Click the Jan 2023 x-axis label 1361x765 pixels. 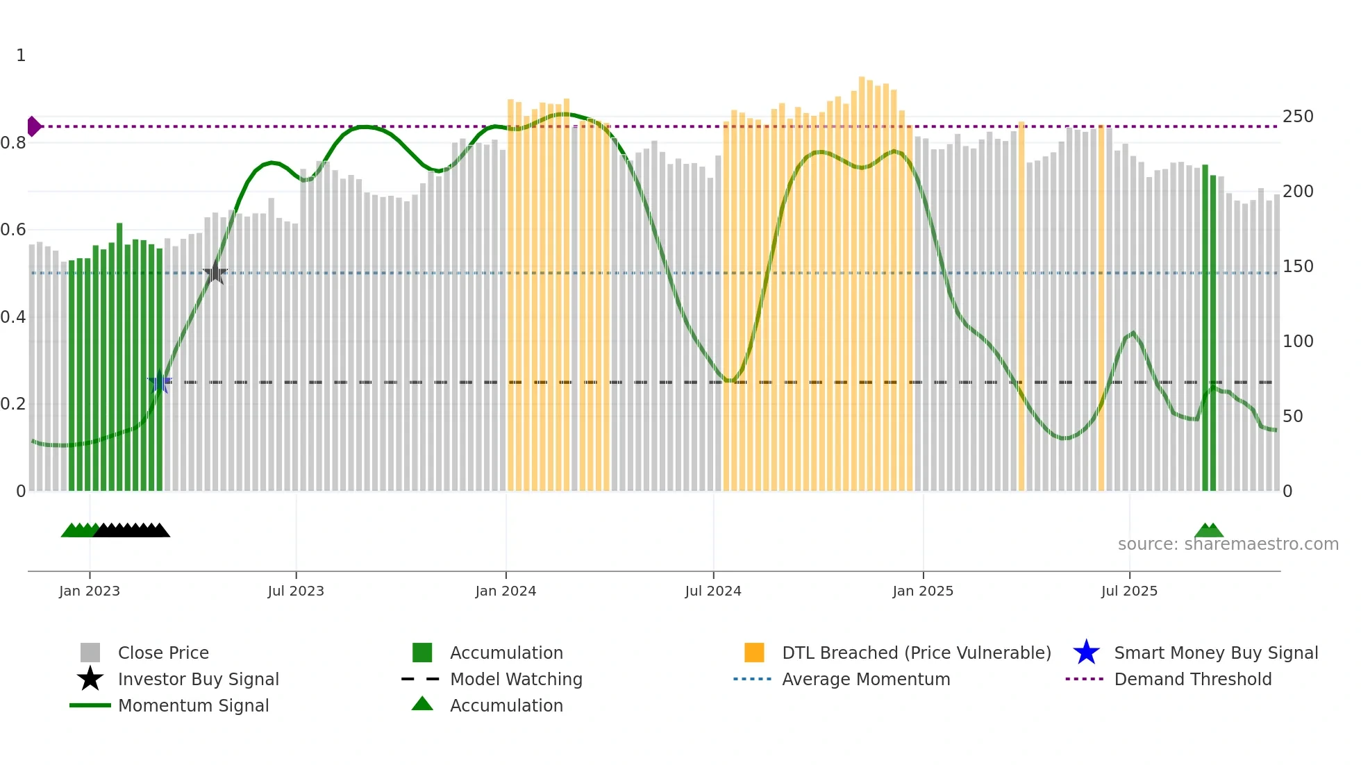[x=90, y=591]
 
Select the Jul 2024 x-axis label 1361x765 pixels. [x=713, y=591]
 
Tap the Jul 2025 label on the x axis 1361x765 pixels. [x=1129, y=591]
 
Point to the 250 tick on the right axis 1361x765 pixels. [x=1298, y=117]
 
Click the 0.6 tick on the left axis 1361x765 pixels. [x=13, y=230]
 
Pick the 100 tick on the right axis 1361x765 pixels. [x=1298, y=342]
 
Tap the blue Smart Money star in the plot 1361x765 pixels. [x=160, y=382]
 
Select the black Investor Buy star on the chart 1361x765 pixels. [x=215, y=273]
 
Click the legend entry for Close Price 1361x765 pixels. [x=163, y=653]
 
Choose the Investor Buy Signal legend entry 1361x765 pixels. [x=198, y=679]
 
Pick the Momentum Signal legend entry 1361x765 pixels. [x=193, y=705]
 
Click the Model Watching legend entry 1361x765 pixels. [x=516, y=679]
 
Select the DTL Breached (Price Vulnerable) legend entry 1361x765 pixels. [x=916, y=653]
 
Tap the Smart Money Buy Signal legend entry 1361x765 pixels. [x=1216, y=653]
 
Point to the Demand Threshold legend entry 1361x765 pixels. [x=1192, y=679]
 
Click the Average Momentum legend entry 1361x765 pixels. [x=866, y=679]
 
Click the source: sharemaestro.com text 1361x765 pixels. [x=1228, y=544]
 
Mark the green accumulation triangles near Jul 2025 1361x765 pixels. [x=1209, y=531]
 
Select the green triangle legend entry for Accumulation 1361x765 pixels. [x=506, y=705]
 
